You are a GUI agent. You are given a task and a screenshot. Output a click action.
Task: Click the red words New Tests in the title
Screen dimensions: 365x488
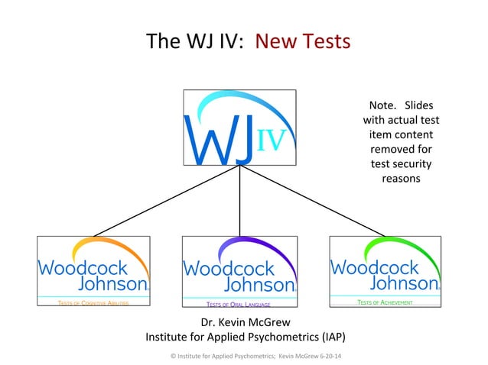pyautogui.click(x=304, y=40)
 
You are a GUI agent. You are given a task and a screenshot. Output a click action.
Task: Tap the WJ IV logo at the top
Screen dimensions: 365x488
pyautogui.click(x=239, y=128)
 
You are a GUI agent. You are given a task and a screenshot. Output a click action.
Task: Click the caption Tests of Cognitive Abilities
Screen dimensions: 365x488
pyautogui.click(x=93, y=304)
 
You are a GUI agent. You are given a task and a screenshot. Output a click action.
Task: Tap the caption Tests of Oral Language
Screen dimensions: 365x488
pyautogui.click(x=239, y=304)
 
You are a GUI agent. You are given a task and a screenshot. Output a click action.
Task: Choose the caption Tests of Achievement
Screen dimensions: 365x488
pyautogui.click(x=385, y=303)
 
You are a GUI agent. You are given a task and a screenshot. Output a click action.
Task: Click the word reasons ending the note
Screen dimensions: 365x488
pyautogui.click(x=401, y=179)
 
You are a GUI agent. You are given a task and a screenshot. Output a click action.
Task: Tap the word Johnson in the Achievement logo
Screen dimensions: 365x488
pyautogui.click(x=405, y=283)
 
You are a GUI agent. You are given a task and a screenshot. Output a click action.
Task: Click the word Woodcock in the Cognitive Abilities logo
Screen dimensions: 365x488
pyautogui.click(x=83, y=268)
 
